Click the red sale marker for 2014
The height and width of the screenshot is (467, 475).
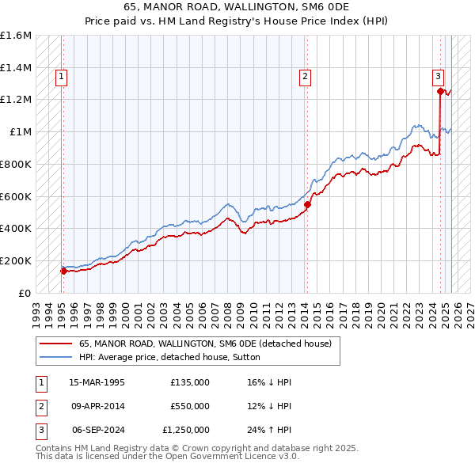tap(307, 204)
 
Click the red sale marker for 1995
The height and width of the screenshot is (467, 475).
tap(64, 271)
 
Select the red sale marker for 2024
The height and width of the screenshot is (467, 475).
tap(440, 91)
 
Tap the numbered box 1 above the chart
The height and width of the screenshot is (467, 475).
tap(62, 77)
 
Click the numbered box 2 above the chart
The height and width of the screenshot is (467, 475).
tap(305, 77)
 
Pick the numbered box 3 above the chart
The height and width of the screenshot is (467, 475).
tap(438, 77)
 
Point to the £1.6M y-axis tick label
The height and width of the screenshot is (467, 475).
tap(16, 36)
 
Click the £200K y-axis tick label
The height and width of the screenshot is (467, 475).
tap(16, 260)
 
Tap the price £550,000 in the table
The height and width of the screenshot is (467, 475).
tap(190, 406)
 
